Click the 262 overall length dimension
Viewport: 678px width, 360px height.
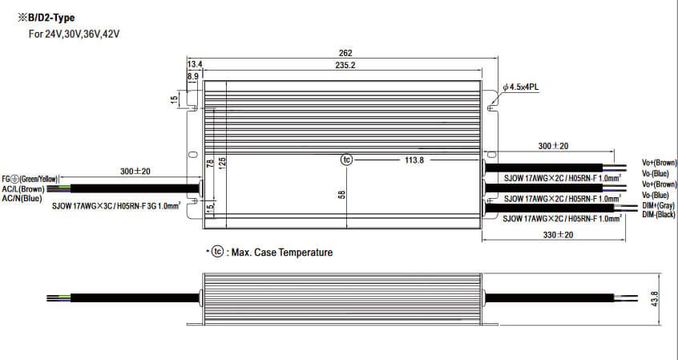tap(345, 53)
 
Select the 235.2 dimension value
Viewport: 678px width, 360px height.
tap(345, 65)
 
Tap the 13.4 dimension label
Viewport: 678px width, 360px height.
tap(195, 64)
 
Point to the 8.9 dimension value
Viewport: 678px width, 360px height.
tap(193, 76)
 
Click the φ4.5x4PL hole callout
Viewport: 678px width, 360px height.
tap(521, 87)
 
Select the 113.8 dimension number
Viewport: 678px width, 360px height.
tap(414, 160)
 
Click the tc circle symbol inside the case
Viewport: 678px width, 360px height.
tap(346, 160)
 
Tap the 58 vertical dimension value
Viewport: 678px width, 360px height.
tap(341, 194)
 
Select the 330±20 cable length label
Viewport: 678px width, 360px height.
tap(558, 235)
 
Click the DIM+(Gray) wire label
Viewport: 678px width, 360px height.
tap(658, 206)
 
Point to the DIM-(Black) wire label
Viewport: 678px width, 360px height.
tap(659, 215)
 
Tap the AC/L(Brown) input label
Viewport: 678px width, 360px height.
tap(23, 189)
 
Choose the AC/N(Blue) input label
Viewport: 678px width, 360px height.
tap(22, 198)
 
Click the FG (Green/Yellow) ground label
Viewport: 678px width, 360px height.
tap(30, 179)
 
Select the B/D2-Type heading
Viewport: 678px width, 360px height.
tap(46, 18)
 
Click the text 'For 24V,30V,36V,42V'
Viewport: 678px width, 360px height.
tap(74, 34)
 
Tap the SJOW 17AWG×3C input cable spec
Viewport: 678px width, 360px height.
tap(116, 206)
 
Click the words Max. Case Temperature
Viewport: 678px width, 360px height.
tap(282, 253)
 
